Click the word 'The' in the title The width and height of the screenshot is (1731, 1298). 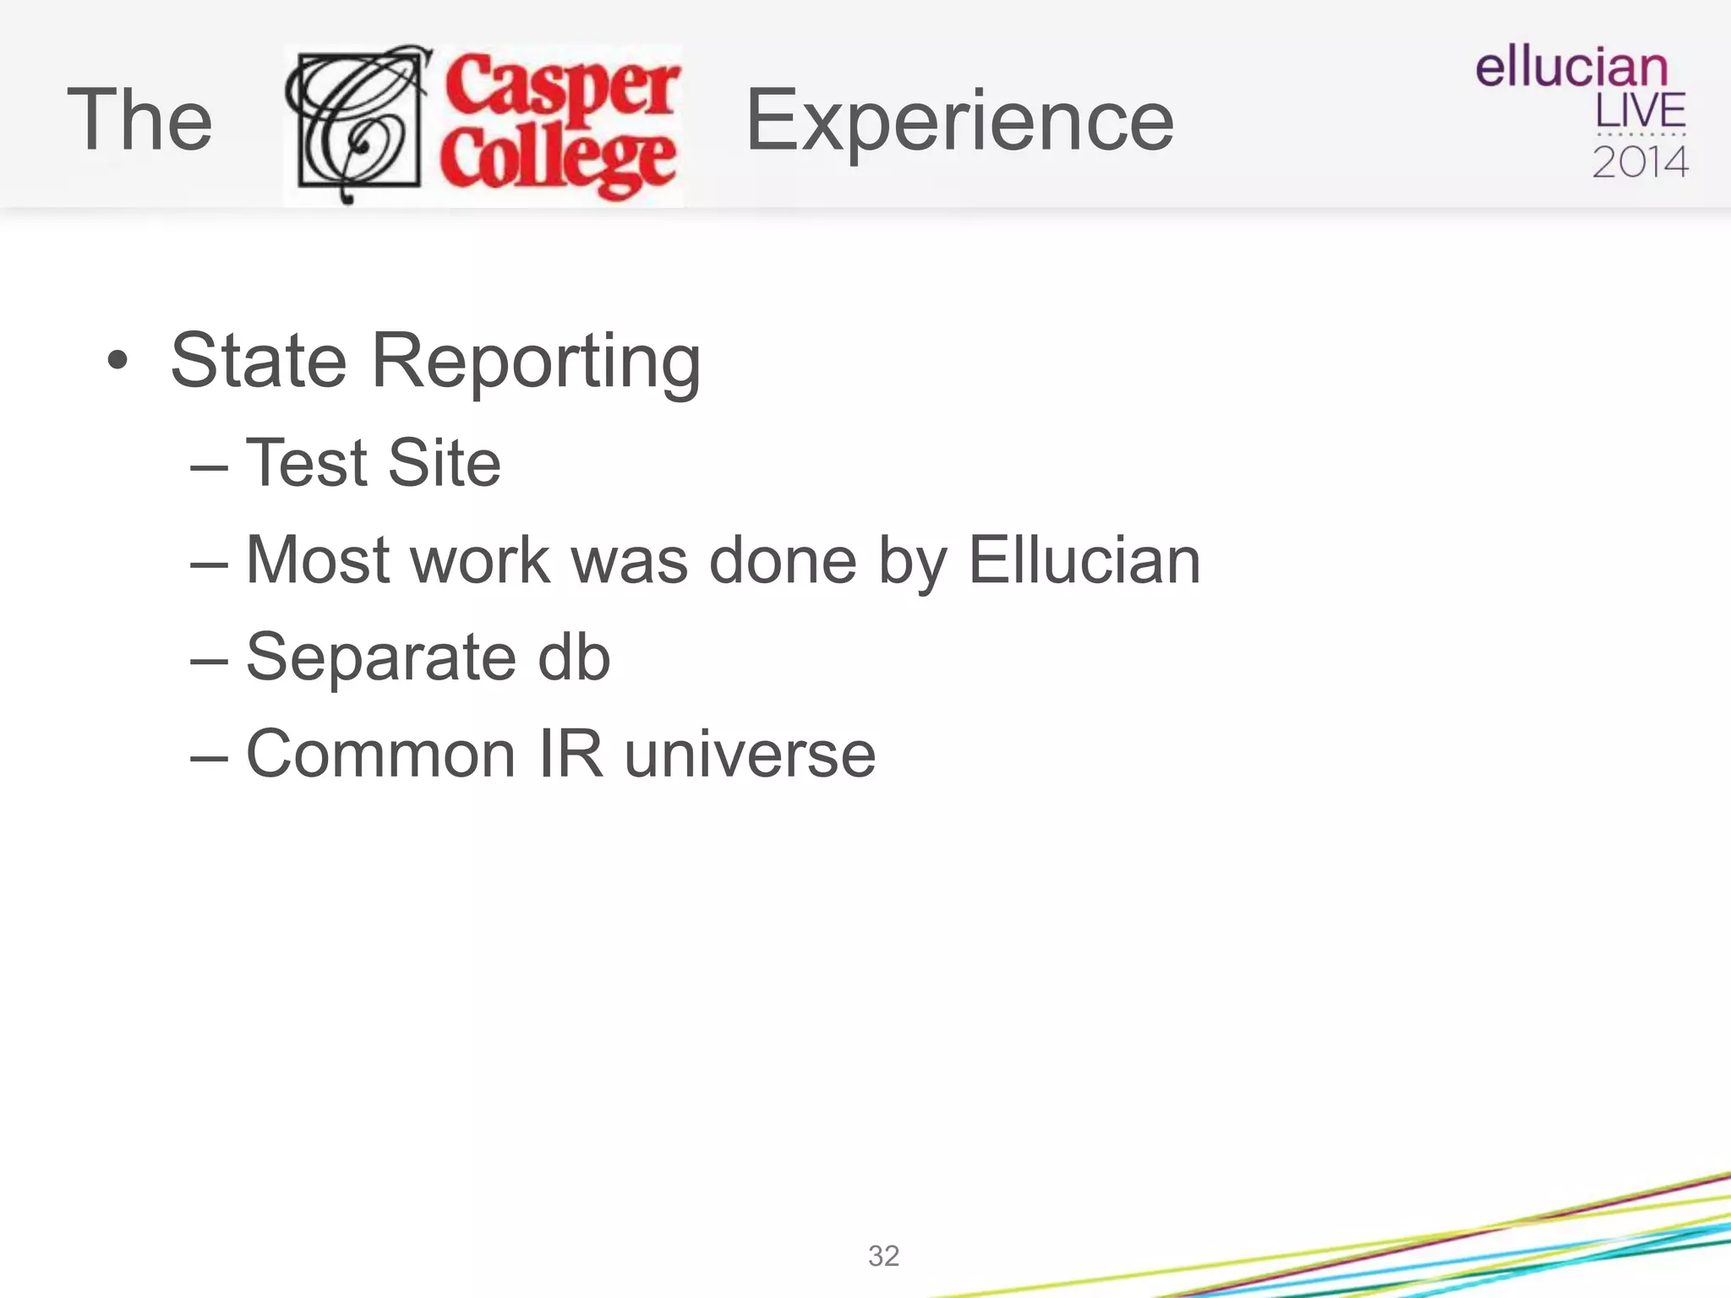pyautogui.click(x=139, y=120)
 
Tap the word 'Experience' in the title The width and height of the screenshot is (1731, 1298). pyautogui.click(x=959, y=122)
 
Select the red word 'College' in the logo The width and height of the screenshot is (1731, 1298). pyautogui.click(x=558, y=161)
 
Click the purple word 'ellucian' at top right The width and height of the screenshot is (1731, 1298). pyautogui.click(x=1571, y=67)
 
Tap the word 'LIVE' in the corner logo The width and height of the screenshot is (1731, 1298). pyautogui.click(x=1640, y=111)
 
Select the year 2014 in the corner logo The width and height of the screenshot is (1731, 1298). pyautogui.click(x=1640, y=161)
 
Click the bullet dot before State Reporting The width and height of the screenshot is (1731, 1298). pyautogui.click(x=118, y=361)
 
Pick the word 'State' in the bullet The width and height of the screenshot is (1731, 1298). pyautogui.click(x=259, y=361)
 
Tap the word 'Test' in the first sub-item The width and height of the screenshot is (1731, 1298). pyautogui.click(x=307, y=463)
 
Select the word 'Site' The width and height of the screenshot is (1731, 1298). pyautogui.click(x=445, y=463)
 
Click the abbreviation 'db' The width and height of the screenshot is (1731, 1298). pyautogui.click(x=574, y=657)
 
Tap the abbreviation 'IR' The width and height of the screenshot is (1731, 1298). pyautogui.click(x=571, y=754)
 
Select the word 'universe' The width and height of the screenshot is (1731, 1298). pyautogui.click(x=750, y=754)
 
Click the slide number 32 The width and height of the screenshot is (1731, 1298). pyautogui.click(x=883, y=1256)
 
